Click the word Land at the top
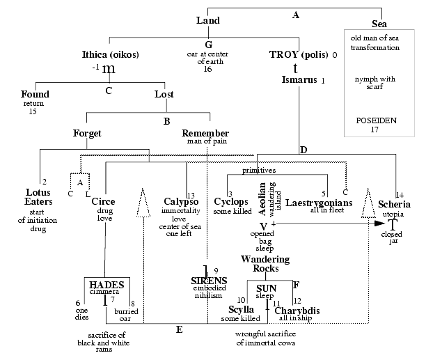point(207,20)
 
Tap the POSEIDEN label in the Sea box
point(379,120)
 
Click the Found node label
point(35,94)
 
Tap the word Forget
point(88,132)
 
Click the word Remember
point(205,132)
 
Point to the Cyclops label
point(231,203)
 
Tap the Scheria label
point(395,205)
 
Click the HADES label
point(106,285)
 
